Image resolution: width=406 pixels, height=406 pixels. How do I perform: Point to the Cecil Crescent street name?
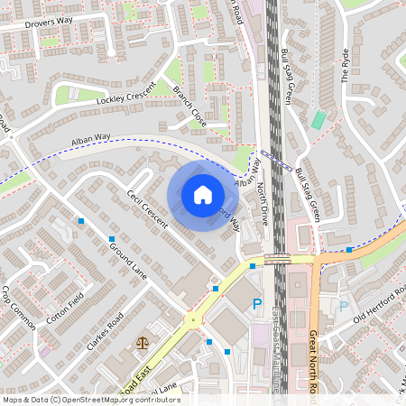(144, 209)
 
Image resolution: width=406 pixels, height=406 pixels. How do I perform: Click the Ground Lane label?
(127, 258)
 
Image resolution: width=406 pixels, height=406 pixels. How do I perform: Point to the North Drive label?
(263, 202)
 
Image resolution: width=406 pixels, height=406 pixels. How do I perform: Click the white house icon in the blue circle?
(203, 194)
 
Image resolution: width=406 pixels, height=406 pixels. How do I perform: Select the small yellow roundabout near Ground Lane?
(191, 319)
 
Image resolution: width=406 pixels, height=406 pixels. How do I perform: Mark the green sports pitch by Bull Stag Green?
(318, 119)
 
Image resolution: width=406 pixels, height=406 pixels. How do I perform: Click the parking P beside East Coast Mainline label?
(257, 305)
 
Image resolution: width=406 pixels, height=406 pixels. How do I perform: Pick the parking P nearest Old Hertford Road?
(343, 306)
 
